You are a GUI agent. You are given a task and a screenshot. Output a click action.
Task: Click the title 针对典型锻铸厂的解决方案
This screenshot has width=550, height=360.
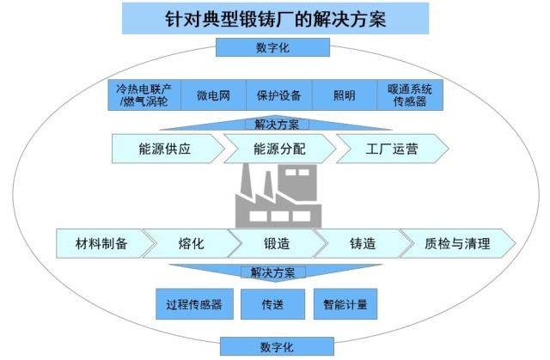pos(275,18)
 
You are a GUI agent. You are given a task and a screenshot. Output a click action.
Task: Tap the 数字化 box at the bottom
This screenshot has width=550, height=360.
pos(275,346)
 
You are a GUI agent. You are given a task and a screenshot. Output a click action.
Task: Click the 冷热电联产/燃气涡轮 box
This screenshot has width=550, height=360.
pos(144,95)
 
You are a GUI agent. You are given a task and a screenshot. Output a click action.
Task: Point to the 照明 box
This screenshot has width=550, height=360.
pos(343,95)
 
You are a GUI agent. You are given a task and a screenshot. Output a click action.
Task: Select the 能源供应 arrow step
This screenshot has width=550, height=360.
pos(164,149)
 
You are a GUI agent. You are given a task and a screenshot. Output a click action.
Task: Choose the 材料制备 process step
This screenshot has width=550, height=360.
pos(101,244)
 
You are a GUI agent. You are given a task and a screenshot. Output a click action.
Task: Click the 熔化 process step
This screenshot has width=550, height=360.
pos(191,244)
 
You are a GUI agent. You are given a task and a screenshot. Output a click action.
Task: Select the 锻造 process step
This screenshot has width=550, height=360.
pos(276,244)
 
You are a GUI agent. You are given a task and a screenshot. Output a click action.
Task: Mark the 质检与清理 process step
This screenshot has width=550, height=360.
pos(456,244)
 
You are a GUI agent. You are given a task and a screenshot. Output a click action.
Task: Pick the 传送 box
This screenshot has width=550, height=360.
pos(272,304)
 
